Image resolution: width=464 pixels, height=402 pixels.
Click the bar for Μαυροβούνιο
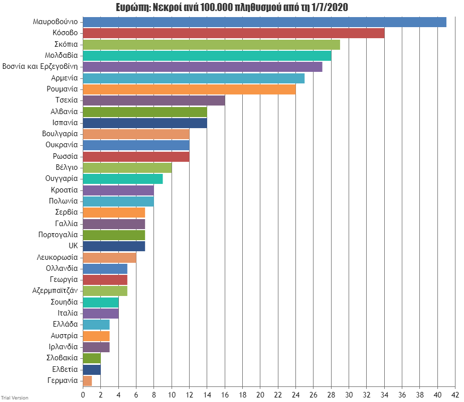(x=264, y=22)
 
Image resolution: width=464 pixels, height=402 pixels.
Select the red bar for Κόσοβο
(x=233, y=33)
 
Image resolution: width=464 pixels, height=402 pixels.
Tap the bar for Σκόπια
(x=211, y=44)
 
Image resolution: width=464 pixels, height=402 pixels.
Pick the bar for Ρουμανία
(x=189, y=89)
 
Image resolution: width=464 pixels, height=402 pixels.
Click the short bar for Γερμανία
(x=87, y=380)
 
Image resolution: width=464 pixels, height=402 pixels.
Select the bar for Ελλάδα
(x=96, y=325)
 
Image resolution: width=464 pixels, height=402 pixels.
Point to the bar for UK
(x=114, y=246)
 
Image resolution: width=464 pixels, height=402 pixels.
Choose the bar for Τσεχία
(x=153, y=100)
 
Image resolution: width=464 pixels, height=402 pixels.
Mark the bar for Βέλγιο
(x=127, y=168)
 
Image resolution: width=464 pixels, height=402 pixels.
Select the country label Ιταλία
(x=68, y=314)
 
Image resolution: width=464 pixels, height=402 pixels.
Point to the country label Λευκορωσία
(x=57, y=257)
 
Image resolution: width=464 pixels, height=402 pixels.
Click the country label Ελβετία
(x=65, y=369)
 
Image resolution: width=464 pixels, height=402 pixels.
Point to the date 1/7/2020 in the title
(x=330, y=7)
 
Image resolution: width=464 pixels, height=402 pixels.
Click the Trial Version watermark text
(x=15, y=398)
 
